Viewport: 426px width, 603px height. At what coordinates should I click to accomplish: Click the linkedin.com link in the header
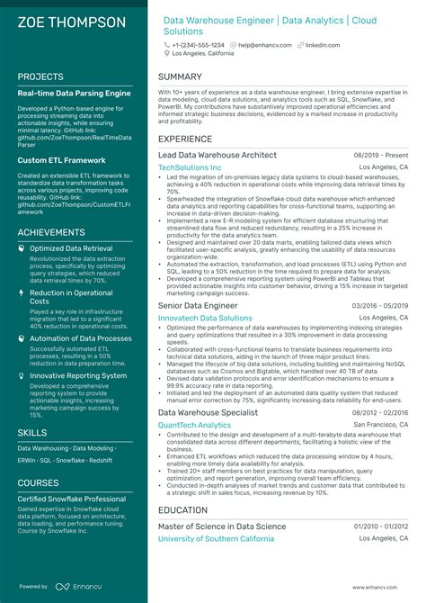pos(321,44)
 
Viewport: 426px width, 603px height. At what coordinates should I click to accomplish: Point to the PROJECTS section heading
pos(40,76)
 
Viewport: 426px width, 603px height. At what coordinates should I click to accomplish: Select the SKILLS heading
pos(32,433)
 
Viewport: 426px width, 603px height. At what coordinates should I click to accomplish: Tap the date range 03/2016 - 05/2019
pos(381,306)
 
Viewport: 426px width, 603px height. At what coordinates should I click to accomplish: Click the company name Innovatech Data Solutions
pos(205,319)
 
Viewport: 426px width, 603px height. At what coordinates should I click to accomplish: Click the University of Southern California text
pos(217,538)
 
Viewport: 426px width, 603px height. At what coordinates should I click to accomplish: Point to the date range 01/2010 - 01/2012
pos(381,526)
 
